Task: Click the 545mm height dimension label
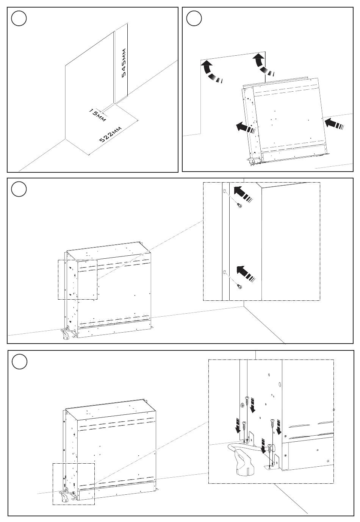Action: [x=124, y=63]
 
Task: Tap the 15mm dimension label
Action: [x=97, y=115]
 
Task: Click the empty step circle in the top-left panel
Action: [x=19, y=18]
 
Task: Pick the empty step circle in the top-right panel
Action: [x=194, y=18]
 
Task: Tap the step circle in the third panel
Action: [x=19, y=189]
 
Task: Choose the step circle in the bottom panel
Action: [x=19, y=362]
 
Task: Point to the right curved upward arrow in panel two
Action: [x=263, y=64]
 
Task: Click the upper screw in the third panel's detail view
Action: [x=239, y=205]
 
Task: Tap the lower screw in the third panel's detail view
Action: [x=239, y=286]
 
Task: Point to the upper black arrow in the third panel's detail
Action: [x=243, y=194]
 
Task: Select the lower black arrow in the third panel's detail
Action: [x=246, y=274]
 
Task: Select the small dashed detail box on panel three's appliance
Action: [x=78, y=280]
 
